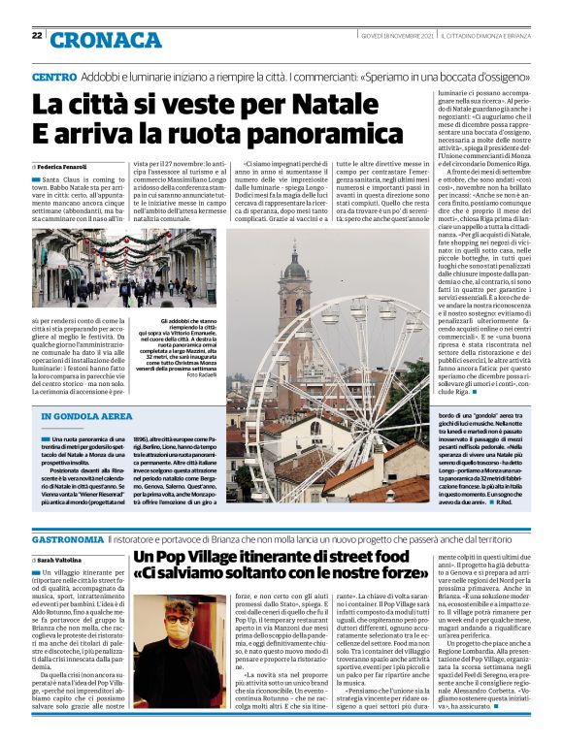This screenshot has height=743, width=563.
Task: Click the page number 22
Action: pyautogui.click(x=37, y=36)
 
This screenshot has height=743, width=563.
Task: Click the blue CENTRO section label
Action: pyautogui.click(x=54, y=77)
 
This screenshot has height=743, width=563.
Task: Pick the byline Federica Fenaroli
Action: pyautogui.click(x=66, y=169)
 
